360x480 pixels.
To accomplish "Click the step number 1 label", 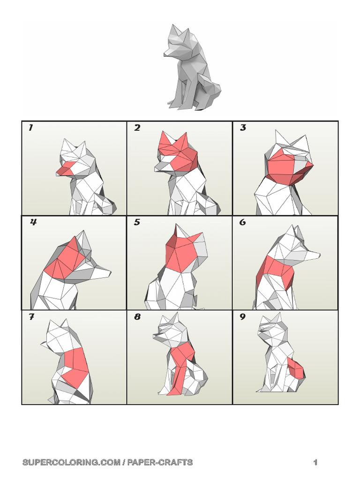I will coord(30,128).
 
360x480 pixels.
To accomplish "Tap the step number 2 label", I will coord(137,128).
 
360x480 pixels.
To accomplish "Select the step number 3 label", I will coord(243,128).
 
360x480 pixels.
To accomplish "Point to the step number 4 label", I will coord(33,222).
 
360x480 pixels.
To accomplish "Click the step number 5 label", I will coord(137,222).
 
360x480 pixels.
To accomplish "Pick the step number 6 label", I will coord(243,222).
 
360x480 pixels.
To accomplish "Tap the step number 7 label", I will coord(31,317).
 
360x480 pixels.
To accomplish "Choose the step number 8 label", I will coord(137,317).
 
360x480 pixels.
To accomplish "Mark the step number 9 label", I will coord(243,317).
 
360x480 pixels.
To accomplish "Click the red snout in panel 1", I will coord(65,169).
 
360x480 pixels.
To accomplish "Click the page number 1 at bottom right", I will coord(315,463).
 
